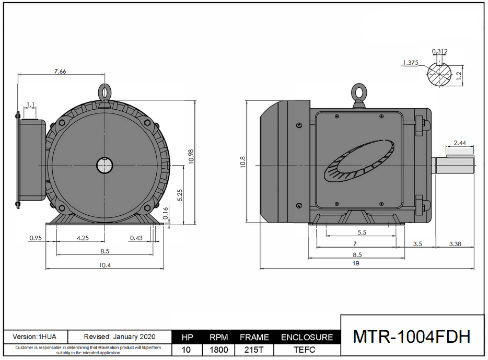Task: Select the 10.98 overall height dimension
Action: [x=191, y=156]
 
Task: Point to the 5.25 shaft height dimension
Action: [x=180, y=195]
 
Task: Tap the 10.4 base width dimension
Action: [x=104, y=265]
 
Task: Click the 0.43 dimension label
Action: [x=136, y=238]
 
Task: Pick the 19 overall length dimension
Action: [x=356, y=264]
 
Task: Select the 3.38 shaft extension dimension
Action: [x=454, y=243]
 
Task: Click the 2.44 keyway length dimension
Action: [x=460, y=143]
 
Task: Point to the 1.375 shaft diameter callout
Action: [x=411, y=63]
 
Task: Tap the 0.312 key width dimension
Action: [x=439, y=51]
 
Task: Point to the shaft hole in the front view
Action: [x=105, y=165]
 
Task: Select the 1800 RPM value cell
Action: [x=218, y=350]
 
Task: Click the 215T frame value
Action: [x=254, y=350]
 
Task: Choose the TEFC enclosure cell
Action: [x=307, y=350]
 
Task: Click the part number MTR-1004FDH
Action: [x=412, y=336]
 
